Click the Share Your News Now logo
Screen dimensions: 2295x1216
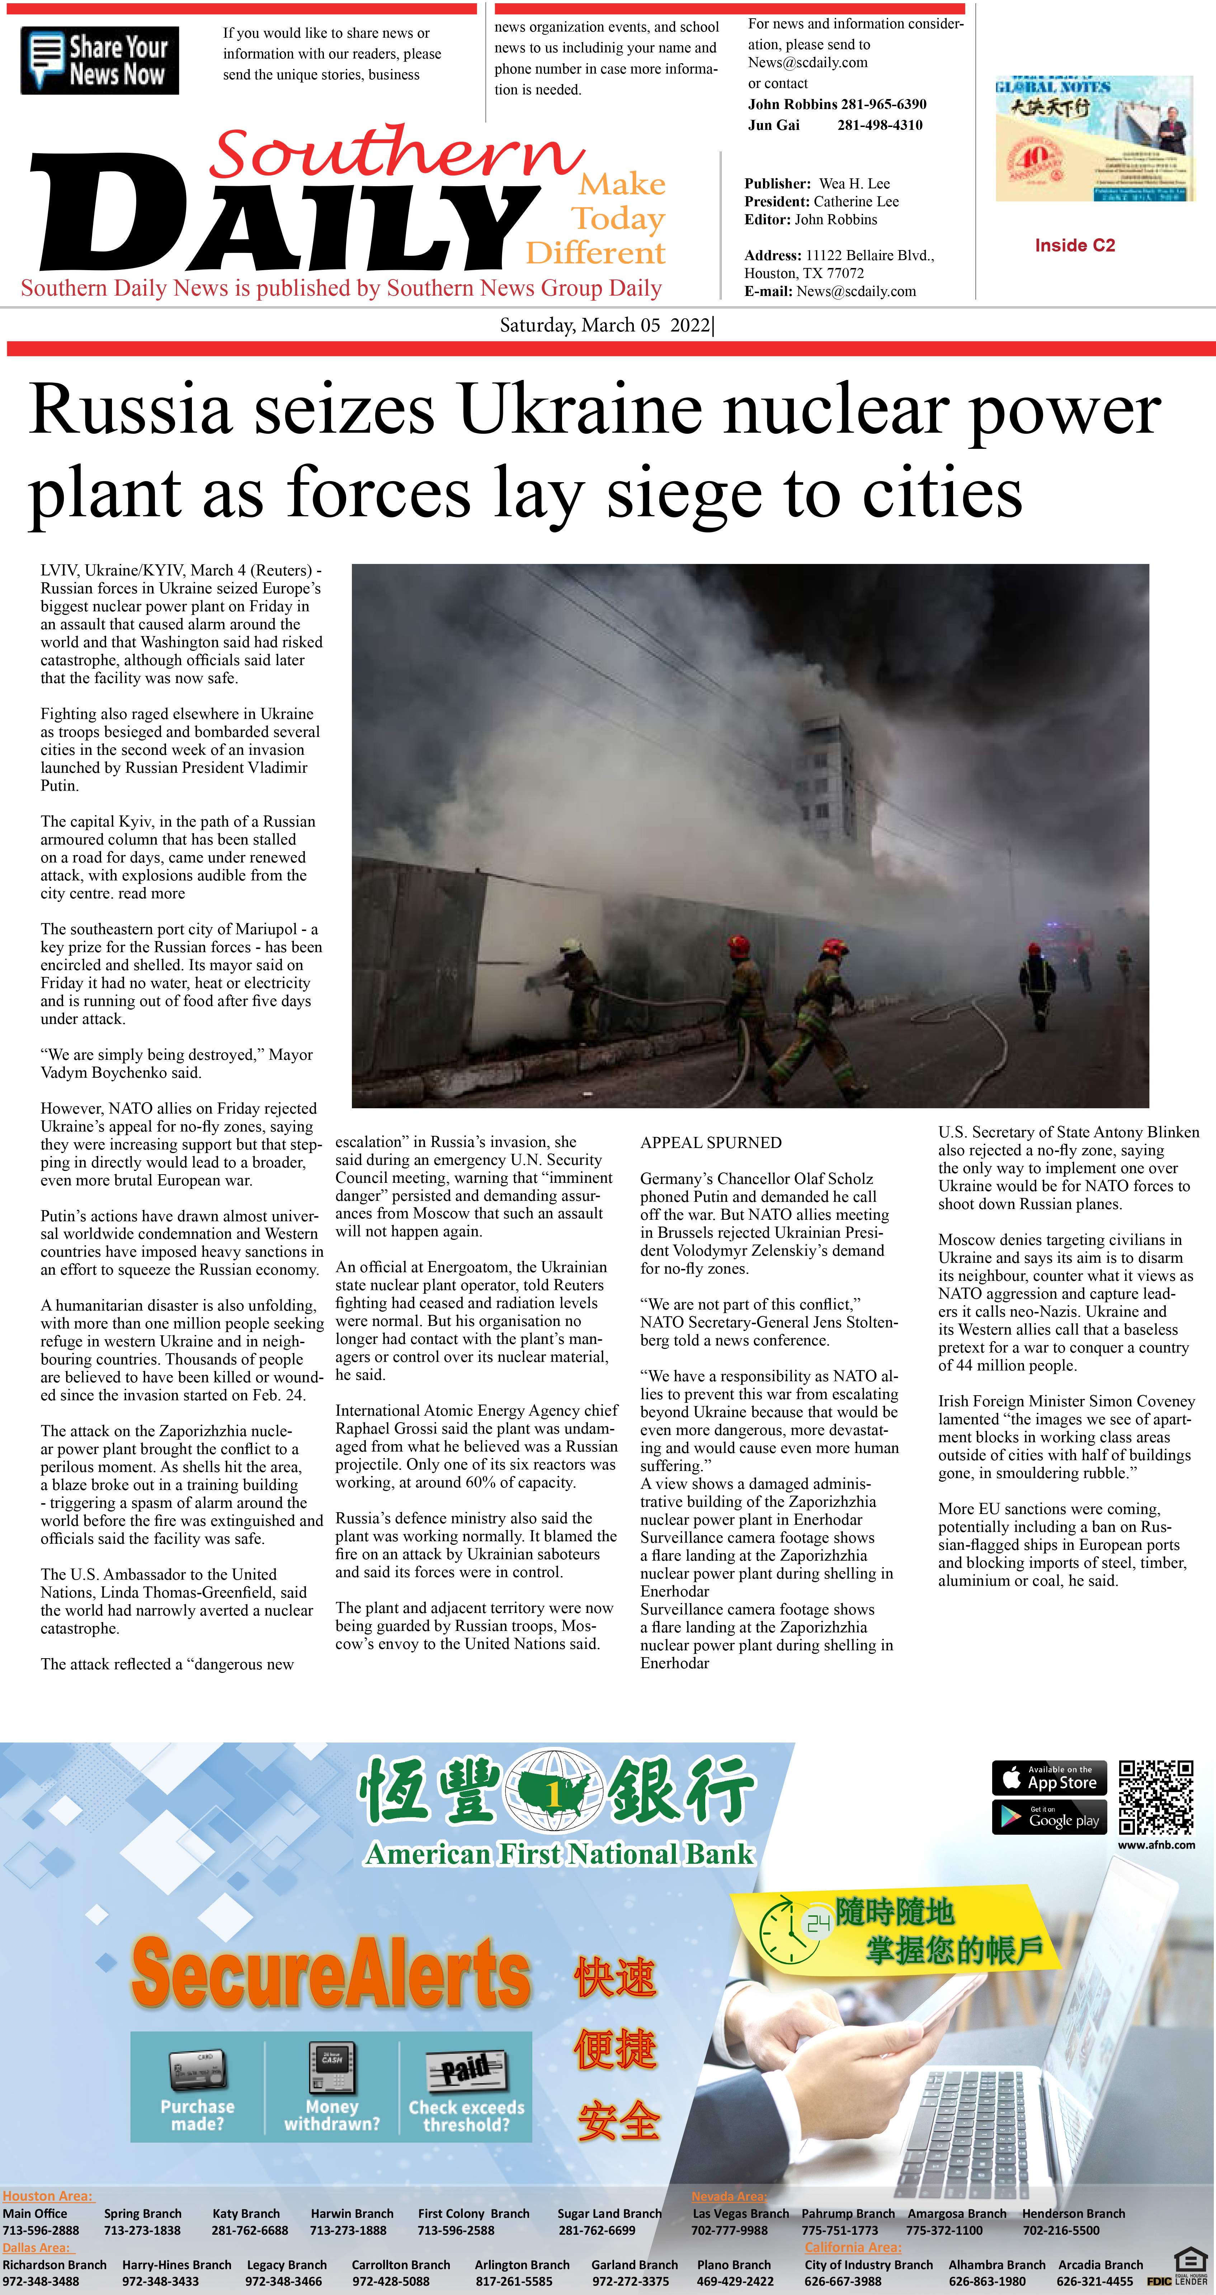click(x=100, y=61)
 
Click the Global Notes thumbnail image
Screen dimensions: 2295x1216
click(x=1093, y=139)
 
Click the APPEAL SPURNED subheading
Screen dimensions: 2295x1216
click(x=711, y=1143)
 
